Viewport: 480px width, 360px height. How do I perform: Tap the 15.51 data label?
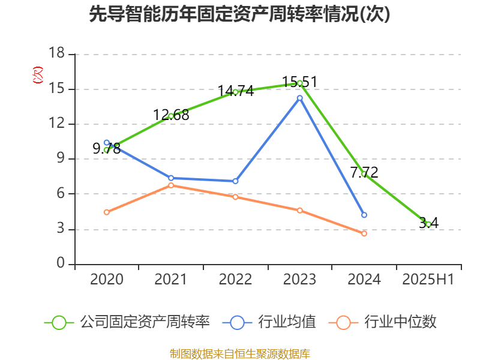click(299, 82)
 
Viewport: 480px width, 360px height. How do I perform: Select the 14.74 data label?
click(235, 91)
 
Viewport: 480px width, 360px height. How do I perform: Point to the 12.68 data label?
click(171, 115)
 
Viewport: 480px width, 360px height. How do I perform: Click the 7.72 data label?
click(364, 172)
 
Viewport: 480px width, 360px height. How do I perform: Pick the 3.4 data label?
click(428, 223)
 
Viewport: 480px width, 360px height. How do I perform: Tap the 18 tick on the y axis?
click(56, 54)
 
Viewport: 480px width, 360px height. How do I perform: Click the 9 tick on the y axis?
click(61, 159)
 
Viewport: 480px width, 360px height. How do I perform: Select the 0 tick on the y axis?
click(61, 264)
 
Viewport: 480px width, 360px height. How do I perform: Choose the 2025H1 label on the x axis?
click(428, 280)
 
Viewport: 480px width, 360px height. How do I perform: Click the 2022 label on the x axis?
click(235, 280)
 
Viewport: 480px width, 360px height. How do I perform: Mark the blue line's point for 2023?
click(300, 97)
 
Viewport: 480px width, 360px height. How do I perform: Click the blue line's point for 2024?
click(364, 215)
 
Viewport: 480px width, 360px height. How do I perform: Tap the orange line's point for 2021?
click(171, 185)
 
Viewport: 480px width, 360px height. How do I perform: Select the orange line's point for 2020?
click(106, 212)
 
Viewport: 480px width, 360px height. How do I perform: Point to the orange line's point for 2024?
click(364, 233)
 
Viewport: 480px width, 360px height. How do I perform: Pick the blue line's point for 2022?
click(235, 181)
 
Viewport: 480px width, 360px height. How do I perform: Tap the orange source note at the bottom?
click(240, 353)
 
